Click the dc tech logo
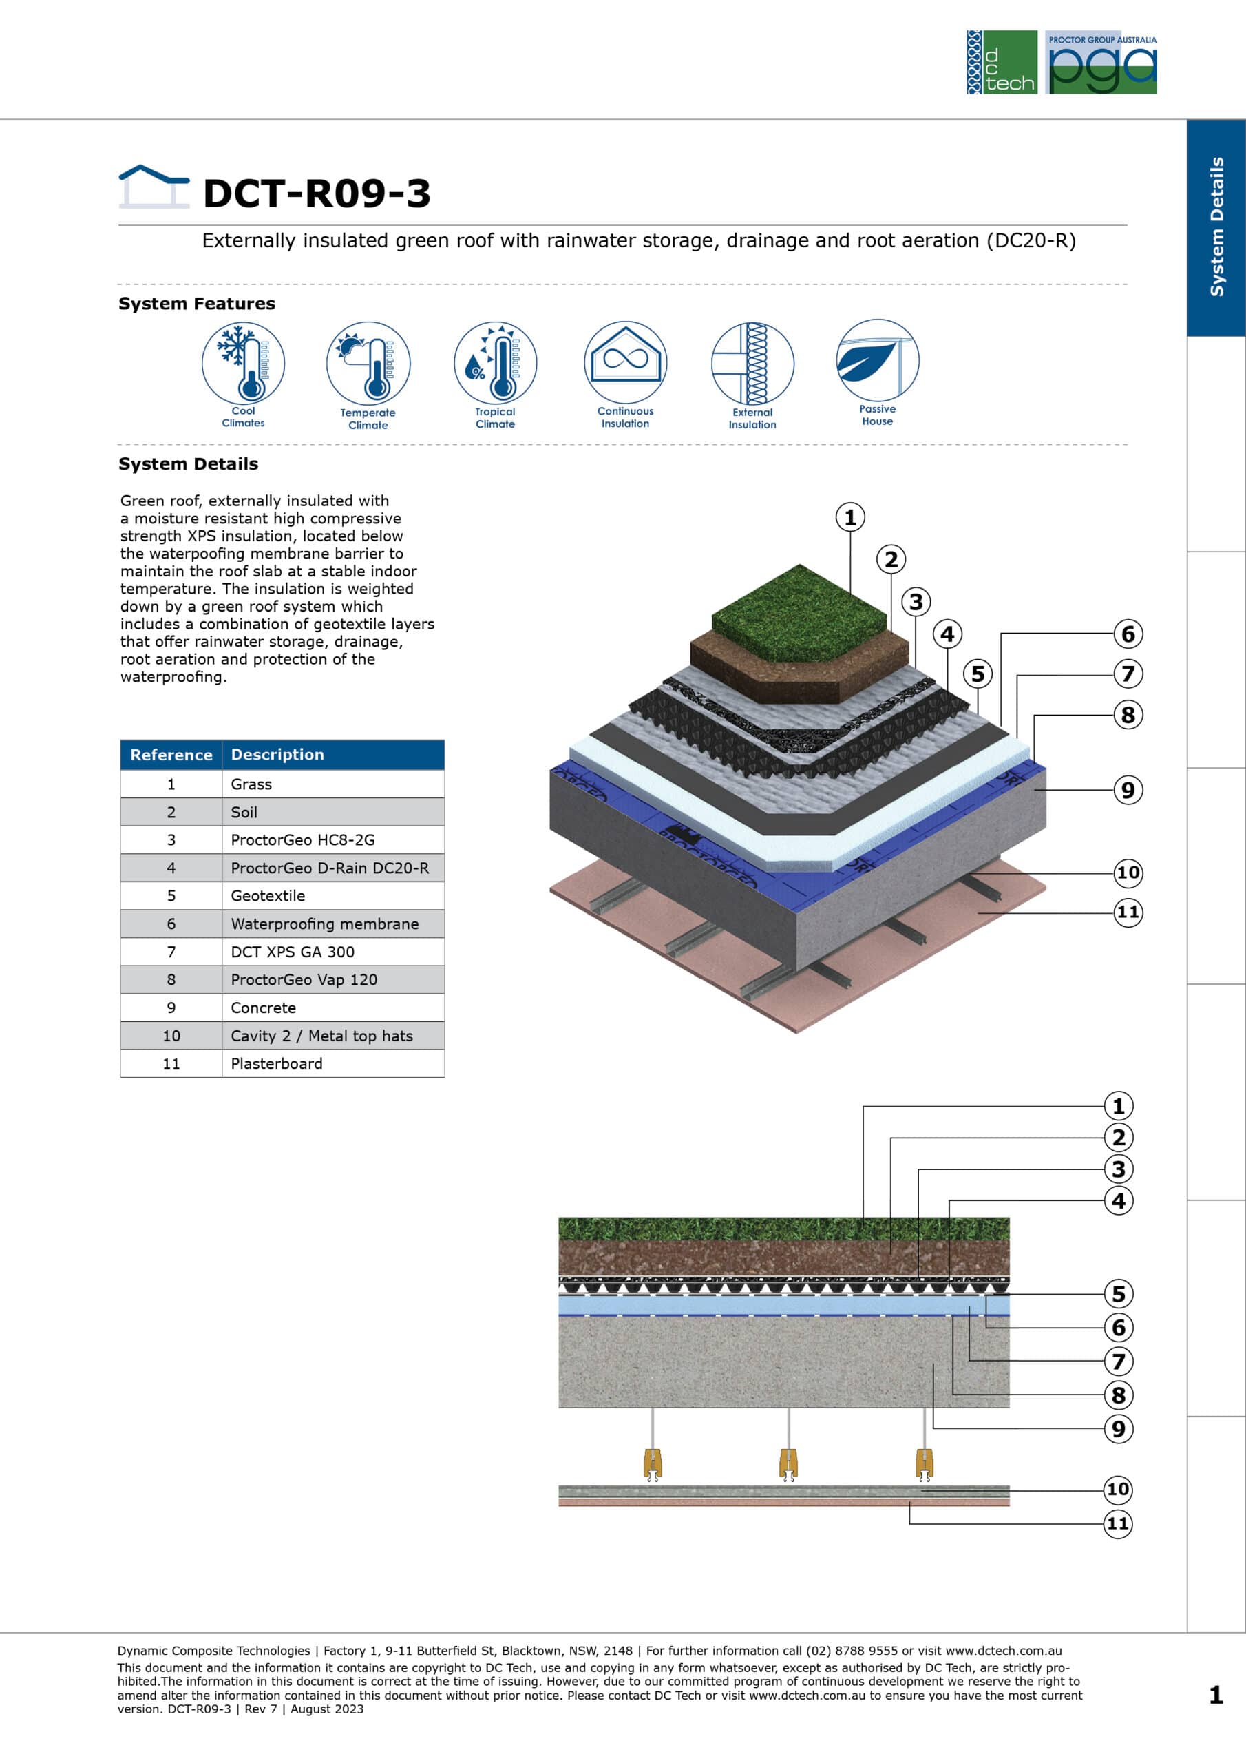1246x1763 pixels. pyautogui.click(x=1001, y=62)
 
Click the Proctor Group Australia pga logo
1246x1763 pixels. pyautogui.click(x=1101, y=62)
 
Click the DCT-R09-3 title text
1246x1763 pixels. pyautogui.click(x=316, y=193)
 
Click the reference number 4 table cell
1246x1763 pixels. pyautogui.click(x=171, y=868)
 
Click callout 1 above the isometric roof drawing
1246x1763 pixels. pyautogui.click(x=850, y=517)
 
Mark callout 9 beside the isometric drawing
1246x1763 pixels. pyautogui.click(x=1128, y=789)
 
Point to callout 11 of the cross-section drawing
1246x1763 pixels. pyautogui.click(x=1118, y=1523)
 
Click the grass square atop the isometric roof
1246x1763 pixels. pyautogui.click(x=800, y=613)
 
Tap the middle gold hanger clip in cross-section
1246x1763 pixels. pyautogui.click(x=788, y=1463)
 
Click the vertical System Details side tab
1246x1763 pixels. pyautogui.click(x=1216, y=227)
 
